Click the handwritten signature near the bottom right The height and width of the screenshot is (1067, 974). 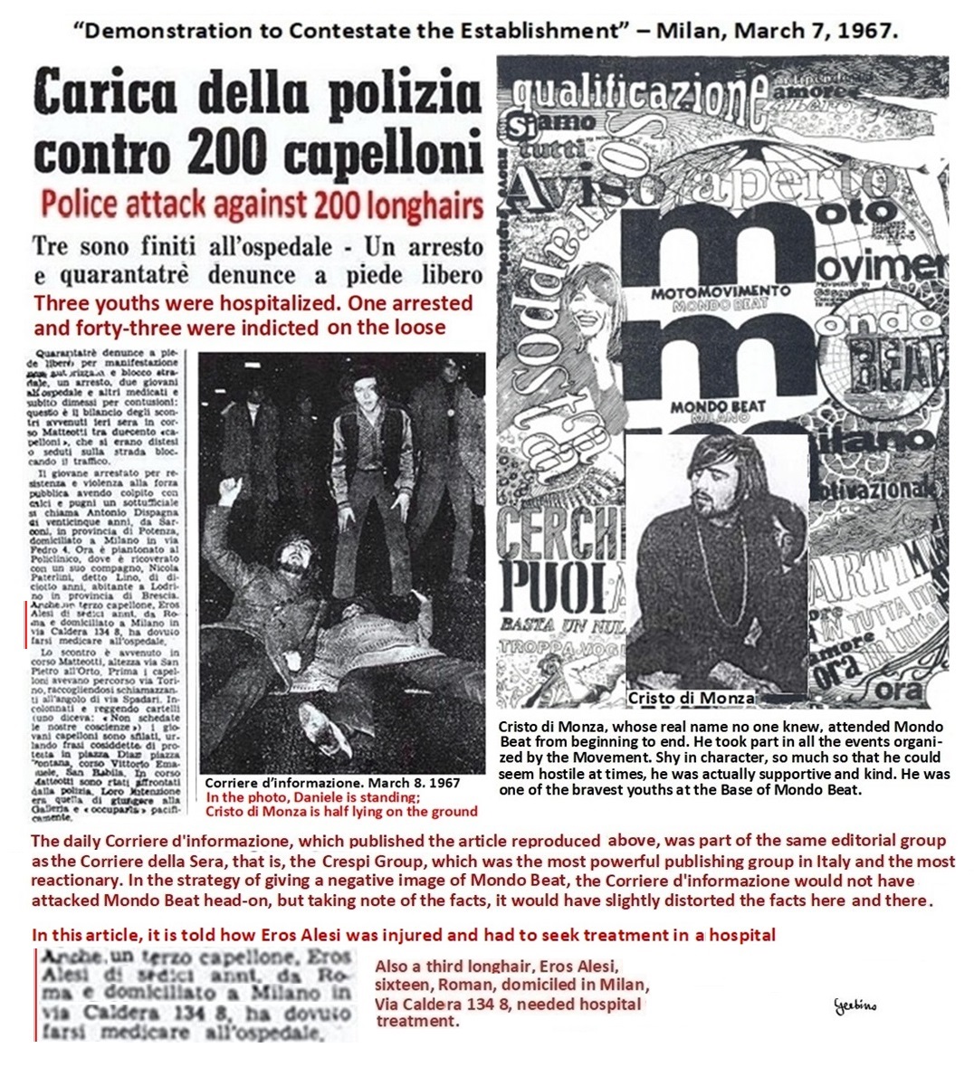coord(855,1005)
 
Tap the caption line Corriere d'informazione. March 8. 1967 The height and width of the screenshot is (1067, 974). coord(332,783)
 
